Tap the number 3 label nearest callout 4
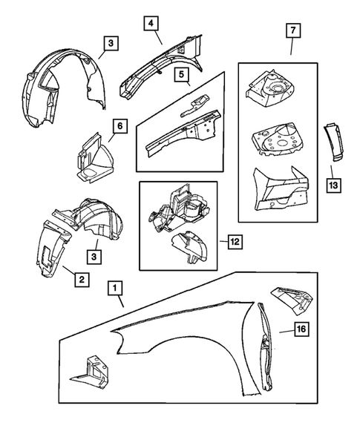coord(109,45)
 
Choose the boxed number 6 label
coord(118,128)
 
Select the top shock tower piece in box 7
coord(269,88)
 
